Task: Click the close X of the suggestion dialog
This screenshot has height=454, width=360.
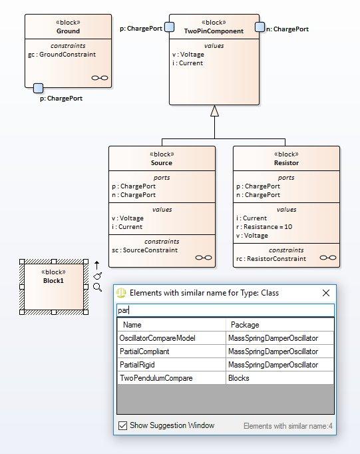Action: (x=326, y=293)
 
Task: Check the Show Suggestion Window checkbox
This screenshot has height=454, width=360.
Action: (x=122, y=425)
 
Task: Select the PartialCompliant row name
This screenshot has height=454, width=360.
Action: (x=144, y=351)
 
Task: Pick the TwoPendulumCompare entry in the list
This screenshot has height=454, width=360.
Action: (x=156, y=378)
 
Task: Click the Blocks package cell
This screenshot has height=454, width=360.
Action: (x=239, y=378)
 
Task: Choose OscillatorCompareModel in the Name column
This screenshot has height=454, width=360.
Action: (x=158, y=338)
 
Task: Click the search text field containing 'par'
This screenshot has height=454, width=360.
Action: (x=226, y=310)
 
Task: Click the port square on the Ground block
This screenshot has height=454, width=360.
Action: (x=38, y=88)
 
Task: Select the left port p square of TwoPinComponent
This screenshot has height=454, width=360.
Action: (x=169, y=27)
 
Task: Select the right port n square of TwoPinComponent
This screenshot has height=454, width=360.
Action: (x=260, y=27)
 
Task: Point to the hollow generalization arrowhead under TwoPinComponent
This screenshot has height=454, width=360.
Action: (x=214, y=111)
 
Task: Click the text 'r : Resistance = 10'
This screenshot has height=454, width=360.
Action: (x=264, y=227)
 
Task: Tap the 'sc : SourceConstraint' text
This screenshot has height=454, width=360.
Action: (x=144, y=250)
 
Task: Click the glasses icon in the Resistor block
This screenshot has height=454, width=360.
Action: (x=328, y=258)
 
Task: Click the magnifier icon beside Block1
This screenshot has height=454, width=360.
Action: (x=98, y=287)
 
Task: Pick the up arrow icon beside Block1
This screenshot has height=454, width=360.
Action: (x=97, y=265)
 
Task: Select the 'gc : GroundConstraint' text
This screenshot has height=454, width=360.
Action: (x=62, y=55)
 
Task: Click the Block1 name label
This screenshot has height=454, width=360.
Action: (x=53, y=280)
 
